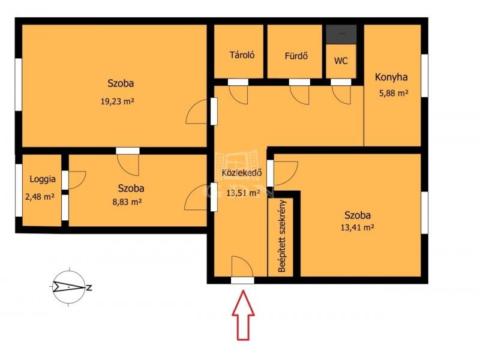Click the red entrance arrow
[243, 316]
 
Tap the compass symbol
[70, 287]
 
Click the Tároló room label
[242, 55]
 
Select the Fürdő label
[296, 56]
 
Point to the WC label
[341, 61]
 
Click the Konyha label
[391, 77]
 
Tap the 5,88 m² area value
[394, 93]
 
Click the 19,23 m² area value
[117, 101]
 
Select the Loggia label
[43, 179]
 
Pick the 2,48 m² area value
[40, 197]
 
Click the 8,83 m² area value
[127, 202]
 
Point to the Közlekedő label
[242, 173]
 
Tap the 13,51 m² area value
[243, 193]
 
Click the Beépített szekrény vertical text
[282, 236]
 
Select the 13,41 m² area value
[357, 227]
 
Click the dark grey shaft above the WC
[341, 34]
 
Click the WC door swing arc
[341, 95]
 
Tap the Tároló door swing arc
[238, 95]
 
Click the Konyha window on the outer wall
[424, 76]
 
